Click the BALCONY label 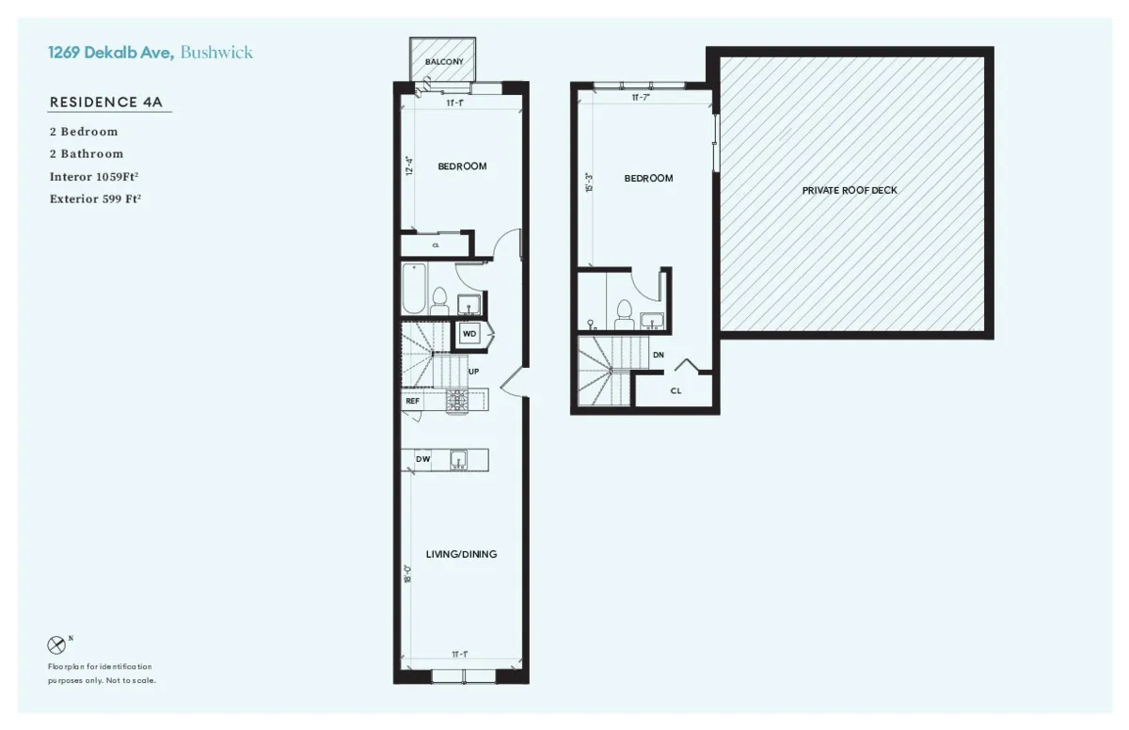pyautogui.click(x=443, y=62)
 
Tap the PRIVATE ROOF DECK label pyautogui.click(x=850, y=190)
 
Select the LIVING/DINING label pyautogui.click(x=461, y=554)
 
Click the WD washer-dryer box pyautogui.click(x=469, y=333)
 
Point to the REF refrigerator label pyautogui.click(x=412, y=401)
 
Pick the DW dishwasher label pyautogui.click(x=422, y=459)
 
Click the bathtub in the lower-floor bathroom pyautogui.click(x=413, y=289)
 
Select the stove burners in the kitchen pyautogui.click(x=457, y=401)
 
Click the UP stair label pyautogui.click(x=474, y=372)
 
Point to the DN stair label pyautogui.click(x=659, y=356)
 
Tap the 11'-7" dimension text pyautogui.click(x=642, y=97)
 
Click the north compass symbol pyautogui.click(x=57, y=645)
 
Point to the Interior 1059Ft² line pyautogui.click(x=101, y=176)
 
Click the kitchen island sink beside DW pyautogui.click(x=458, y=459)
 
